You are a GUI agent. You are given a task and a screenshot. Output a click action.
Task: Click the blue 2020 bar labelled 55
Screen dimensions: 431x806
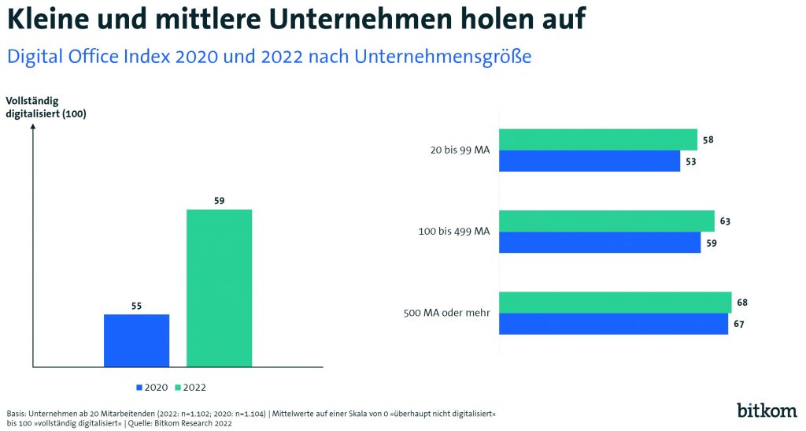point(136,340)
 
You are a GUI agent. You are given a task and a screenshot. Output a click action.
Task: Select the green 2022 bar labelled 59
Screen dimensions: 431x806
point(219,288)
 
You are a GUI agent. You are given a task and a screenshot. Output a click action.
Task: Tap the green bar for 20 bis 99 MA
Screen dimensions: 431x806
point(598,139)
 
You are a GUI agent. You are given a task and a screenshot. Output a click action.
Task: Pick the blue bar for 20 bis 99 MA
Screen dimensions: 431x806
point(590,162)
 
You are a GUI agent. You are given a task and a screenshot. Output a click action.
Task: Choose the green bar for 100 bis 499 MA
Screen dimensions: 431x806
point(607,221)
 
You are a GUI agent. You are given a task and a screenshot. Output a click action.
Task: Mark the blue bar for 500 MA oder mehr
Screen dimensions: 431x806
point(613,324)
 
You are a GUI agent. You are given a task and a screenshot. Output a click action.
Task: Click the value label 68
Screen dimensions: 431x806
point(742,303)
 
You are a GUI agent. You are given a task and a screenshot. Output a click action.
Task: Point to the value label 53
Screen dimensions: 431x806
point(690,162)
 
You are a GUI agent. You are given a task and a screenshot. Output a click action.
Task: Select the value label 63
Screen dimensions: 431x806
point(725,221)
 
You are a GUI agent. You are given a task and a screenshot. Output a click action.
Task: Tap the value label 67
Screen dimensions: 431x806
point(738,324)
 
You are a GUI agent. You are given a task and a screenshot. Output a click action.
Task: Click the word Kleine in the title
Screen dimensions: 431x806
point(50,19)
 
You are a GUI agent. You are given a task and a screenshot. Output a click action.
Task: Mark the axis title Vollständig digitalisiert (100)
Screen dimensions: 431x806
point(46,107)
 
